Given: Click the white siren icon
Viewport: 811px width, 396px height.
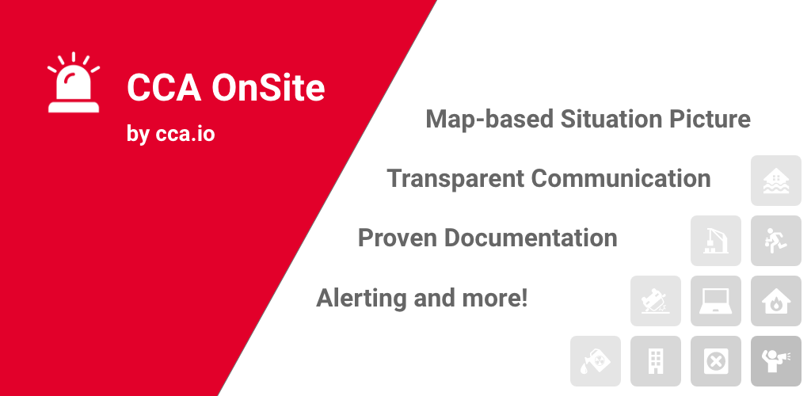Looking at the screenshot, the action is pyautogui.click(x=74, y=82).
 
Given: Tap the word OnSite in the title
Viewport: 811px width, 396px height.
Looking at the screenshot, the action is pyautogui.click(x=268, y=87).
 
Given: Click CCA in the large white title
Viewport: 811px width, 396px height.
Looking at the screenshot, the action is pyautogui.click(x=164, y=87).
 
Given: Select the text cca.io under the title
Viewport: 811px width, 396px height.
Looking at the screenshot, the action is pyautogui.click(x=185, y=135).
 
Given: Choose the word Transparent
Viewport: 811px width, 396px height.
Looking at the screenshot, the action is pyautogui.click(x=455, y=180).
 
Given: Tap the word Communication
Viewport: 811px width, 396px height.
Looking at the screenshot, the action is pyautogui.click(x=621, y=178).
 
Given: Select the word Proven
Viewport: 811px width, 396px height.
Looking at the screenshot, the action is pyautogui.click(x=398, y=238).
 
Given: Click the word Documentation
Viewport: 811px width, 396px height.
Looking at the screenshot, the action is pyautogui.click(x=531, y=238).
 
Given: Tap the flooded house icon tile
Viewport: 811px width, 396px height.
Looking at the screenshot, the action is pyautogui.click(x=776, y=181).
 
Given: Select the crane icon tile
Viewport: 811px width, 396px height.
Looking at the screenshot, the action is pyautogui.click(x=716, y=241).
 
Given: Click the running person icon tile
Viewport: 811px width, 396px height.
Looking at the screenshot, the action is pyautogui.click(x=776, y=241).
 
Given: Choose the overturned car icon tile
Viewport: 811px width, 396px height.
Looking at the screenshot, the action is pyautogui.click(x=655, y=301).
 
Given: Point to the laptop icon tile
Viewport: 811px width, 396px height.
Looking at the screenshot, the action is pyautogui.click(x=716, y=301).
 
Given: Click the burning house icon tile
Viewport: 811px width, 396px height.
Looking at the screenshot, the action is pyautogui.click(x=776, y=301).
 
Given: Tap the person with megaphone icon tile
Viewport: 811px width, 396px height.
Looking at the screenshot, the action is pyautogui.click(x=776, y=361).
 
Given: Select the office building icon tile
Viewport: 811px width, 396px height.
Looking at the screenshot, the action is pyautogui.click(x=655, y=361).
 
